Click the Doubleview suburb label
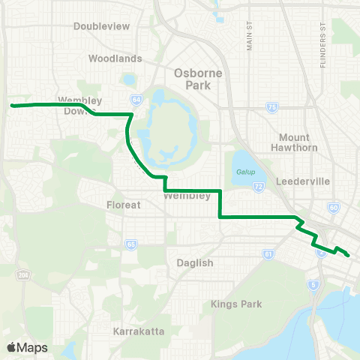point(103,26)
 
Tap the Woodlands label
point(115,58)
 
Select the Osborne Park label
point(193,79)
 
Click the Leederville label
point(298,181)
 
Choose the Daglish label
point(196,262)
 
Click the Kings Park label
point(235,304)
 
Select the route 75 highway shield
point(271,109)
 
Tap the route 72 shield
point(258,186)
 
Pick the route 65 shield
point(130,243)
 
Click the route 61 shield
point(268,254)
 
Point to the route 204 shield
point(23,273)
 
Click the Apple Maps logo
point(27,347)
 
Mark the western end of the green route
point(12,106)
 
